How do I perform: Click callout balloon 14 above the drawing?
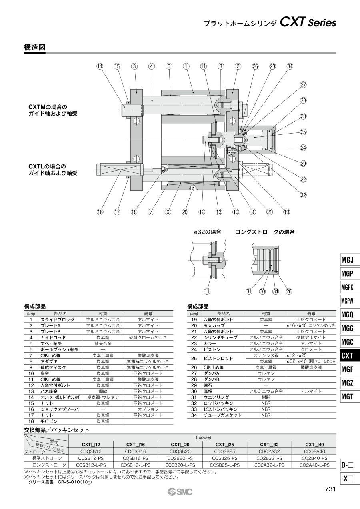[100, 66]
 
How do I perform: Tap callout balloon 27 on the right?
[303, 84]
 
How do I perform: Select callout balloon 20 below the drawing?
[184, 212]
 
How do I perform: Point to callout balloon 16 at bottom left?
[100, 212]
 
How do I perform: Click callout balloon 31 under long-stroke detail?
[249, 291]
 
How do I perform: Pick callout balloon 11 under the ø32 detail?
[207, 291]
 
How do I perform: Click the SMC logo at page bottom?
[180, 492]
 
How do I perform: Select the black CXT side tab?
[348, 355]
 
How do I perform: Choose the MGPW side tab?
[348, 301]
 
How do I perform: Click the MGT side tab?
[348, 397]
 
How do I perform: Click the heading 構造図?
[34, 48]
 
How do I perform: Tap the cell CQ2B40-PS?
[314, 458]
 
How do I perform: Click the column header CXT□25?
[225, 445]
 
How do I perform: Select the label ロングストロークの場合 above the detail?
[265, 232]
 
